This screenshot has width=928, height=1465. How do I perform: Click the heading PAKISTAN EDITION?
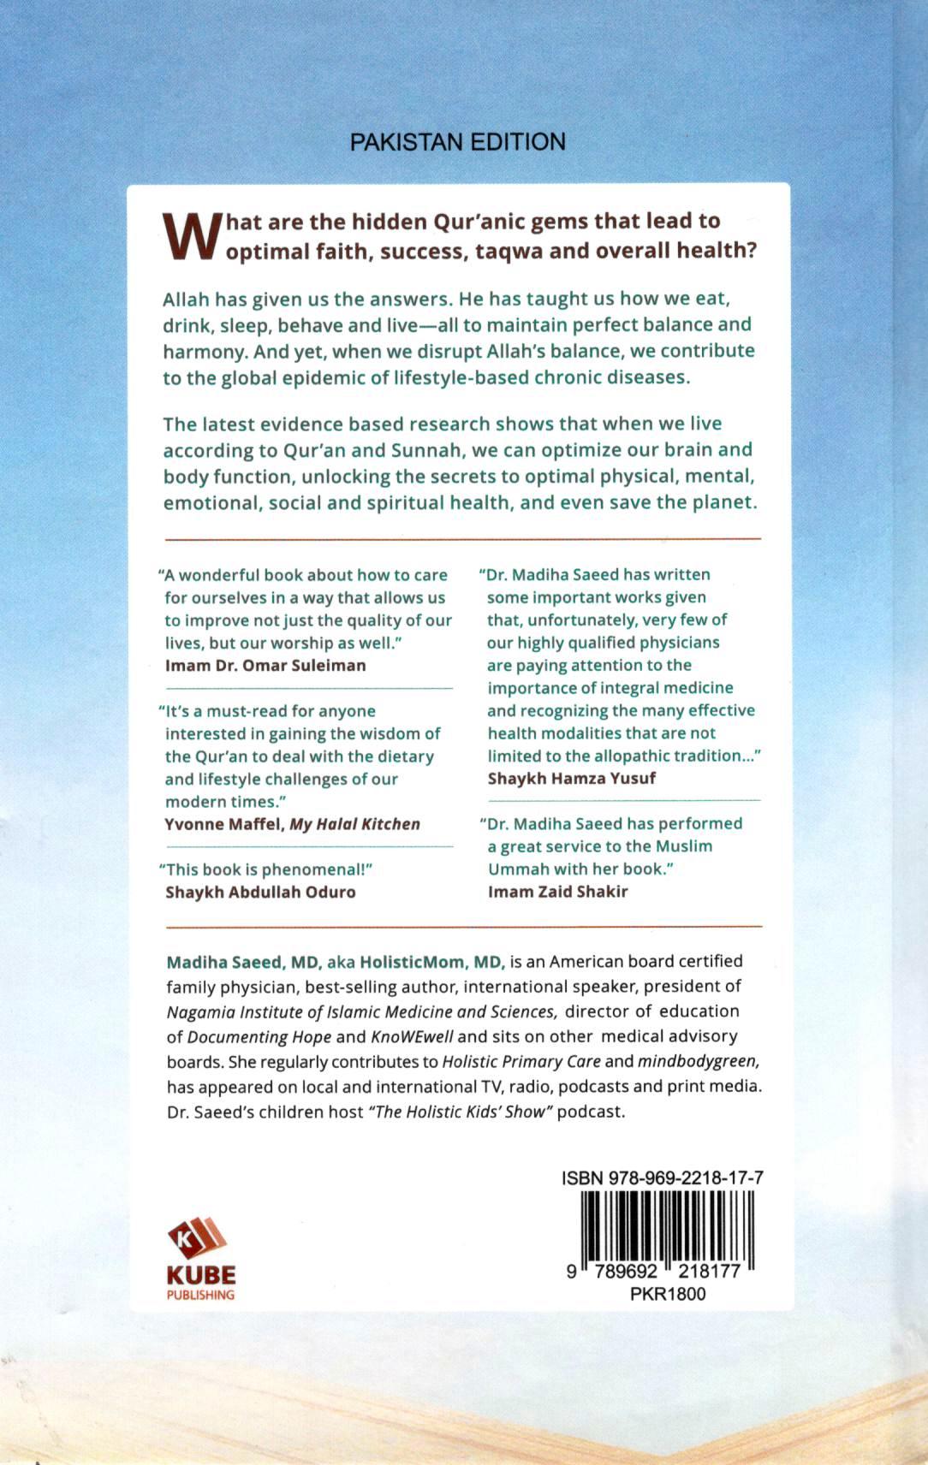(x=458, y=141)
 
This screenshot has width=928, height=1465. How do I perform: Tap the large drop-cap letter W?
(x=192, y=236)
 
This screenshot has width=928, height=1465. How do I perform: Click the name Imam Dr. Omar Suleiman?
(x=265, y=665)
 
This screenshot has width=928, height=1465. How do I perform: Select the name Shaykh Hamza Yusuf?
(x=572, y=778)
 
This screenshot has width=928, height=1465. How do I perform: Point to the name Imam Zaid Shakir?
(x=558, y=892)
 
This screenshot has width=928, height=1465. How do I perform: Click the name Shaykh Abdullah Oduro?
(x=260, y=892)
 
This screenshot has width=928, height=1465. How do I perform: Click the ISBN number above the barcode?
(x=663, y=1177)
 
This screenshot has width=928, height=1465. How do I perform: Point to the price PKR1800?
(x=668, y=1294)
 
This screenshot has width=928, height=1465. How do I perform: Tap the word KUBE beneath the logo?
(x=201, y=1275)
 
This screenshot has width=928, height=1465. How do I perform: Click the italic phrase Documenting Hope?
(x=259, y=1037)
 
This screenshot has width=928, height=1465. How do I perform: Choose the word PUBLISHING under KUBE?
(x=200, y=1295)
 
